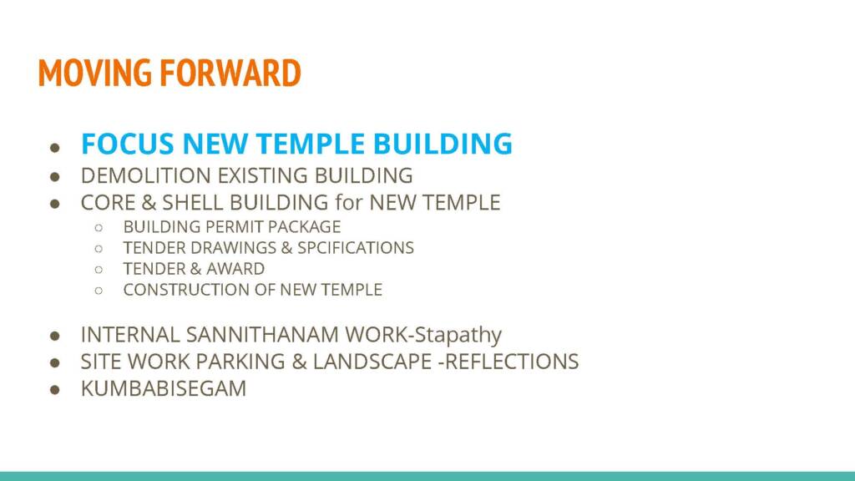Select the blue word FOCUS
(x=128, y=144)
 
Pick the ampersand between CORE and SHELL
(x=149, y=202)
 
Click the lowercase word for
(x=349, y=202)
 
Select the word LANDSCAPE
(x=372, y=362)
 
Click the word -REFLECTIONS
(x=508, y=362)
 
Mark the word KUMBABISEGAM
(x=164, y=388)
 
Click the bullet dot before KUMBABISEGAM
(x=54, y=389)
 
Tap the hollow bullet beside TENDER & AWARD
(x=99, y=270)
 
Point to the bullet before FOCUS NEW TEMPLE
(x=54, y=147)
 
